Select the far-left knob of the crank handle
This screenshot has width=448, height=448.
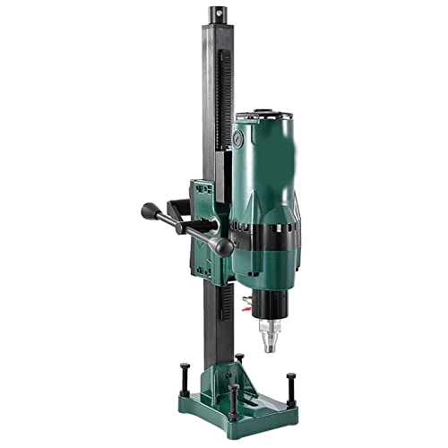click(x=149, y=212)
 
